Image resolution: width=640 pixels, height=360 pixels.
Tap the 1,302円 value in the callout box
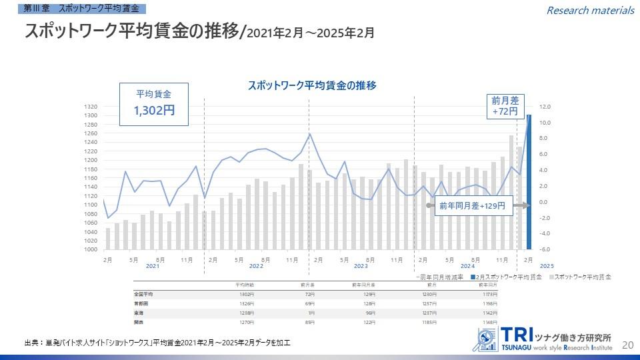coord(154,111)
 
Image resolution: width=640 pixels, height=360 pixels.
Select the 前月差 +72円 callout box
coord(505,105)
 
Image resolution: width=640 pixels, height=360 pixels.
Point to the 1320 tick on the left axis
coord(91,107)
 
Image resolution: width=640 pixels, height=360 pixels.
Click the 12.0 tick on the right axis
coord(545,107)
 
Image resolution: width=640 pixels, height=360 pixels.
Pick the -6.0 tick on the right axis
coord(545,249)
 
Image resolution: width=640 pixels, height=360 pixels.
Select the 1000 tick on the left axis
coord(91,249)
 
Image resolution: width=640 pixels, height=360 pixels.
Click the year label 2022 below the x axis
coord(257,266)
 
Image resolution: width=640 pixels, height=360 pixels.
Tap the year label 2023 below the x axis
coord(361,266)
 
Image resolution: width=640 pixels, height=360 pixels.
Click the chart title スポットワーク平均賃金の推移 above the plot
coord(312,85)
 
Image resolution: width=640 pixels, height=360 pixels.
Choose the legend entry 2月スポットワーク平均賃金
coord(508,276)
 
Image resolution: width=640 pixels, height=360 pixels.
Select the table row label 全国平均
coord(144,294)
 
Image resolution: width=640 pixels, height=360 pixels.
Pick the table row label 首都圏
coord(141,303)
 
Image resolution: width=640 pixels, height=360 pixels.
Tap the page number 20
coord(627,345)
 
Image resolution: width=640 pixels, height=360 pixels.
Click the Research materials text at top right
coord(590,10)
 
